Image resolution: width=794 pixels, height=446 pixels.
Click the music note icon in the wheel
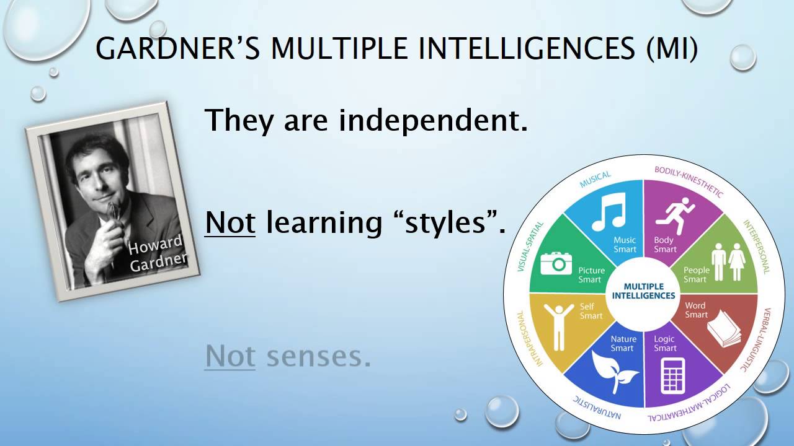(609, 211)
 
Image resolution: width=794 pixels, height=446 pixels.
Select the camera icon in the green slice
(556, 264)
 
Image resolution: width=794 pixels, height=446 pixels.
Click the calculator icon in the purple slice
(673, 375)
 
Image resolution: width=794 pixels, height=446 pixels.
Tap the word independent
(433, 121)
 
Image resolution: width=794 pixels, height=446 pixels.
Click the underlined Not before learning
(230, 222)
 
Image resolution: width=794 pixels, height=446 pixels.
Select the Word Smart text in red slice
(696, 310)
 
